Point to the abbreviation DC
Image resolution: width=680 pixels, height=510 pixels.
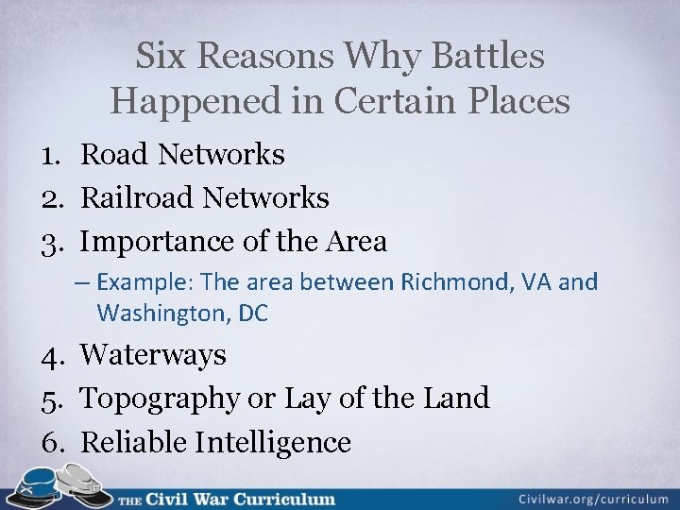253,313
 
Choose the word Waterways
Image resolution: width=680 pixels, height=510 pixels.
153,355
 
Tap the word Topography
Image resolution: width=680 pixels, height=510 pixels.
160,399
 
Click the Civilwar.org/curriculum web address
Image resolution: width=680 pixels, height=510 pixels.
593,498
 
